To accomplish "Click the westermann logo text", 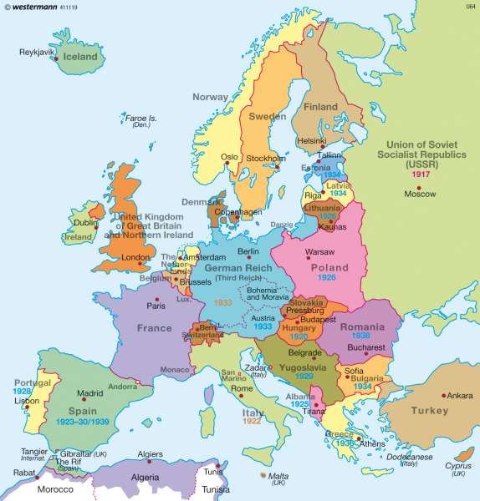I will (x=39, y=7).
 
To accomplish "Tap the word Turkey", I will (x=430, y=411).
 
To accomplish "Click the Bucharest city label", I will (x=366, y=347).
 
